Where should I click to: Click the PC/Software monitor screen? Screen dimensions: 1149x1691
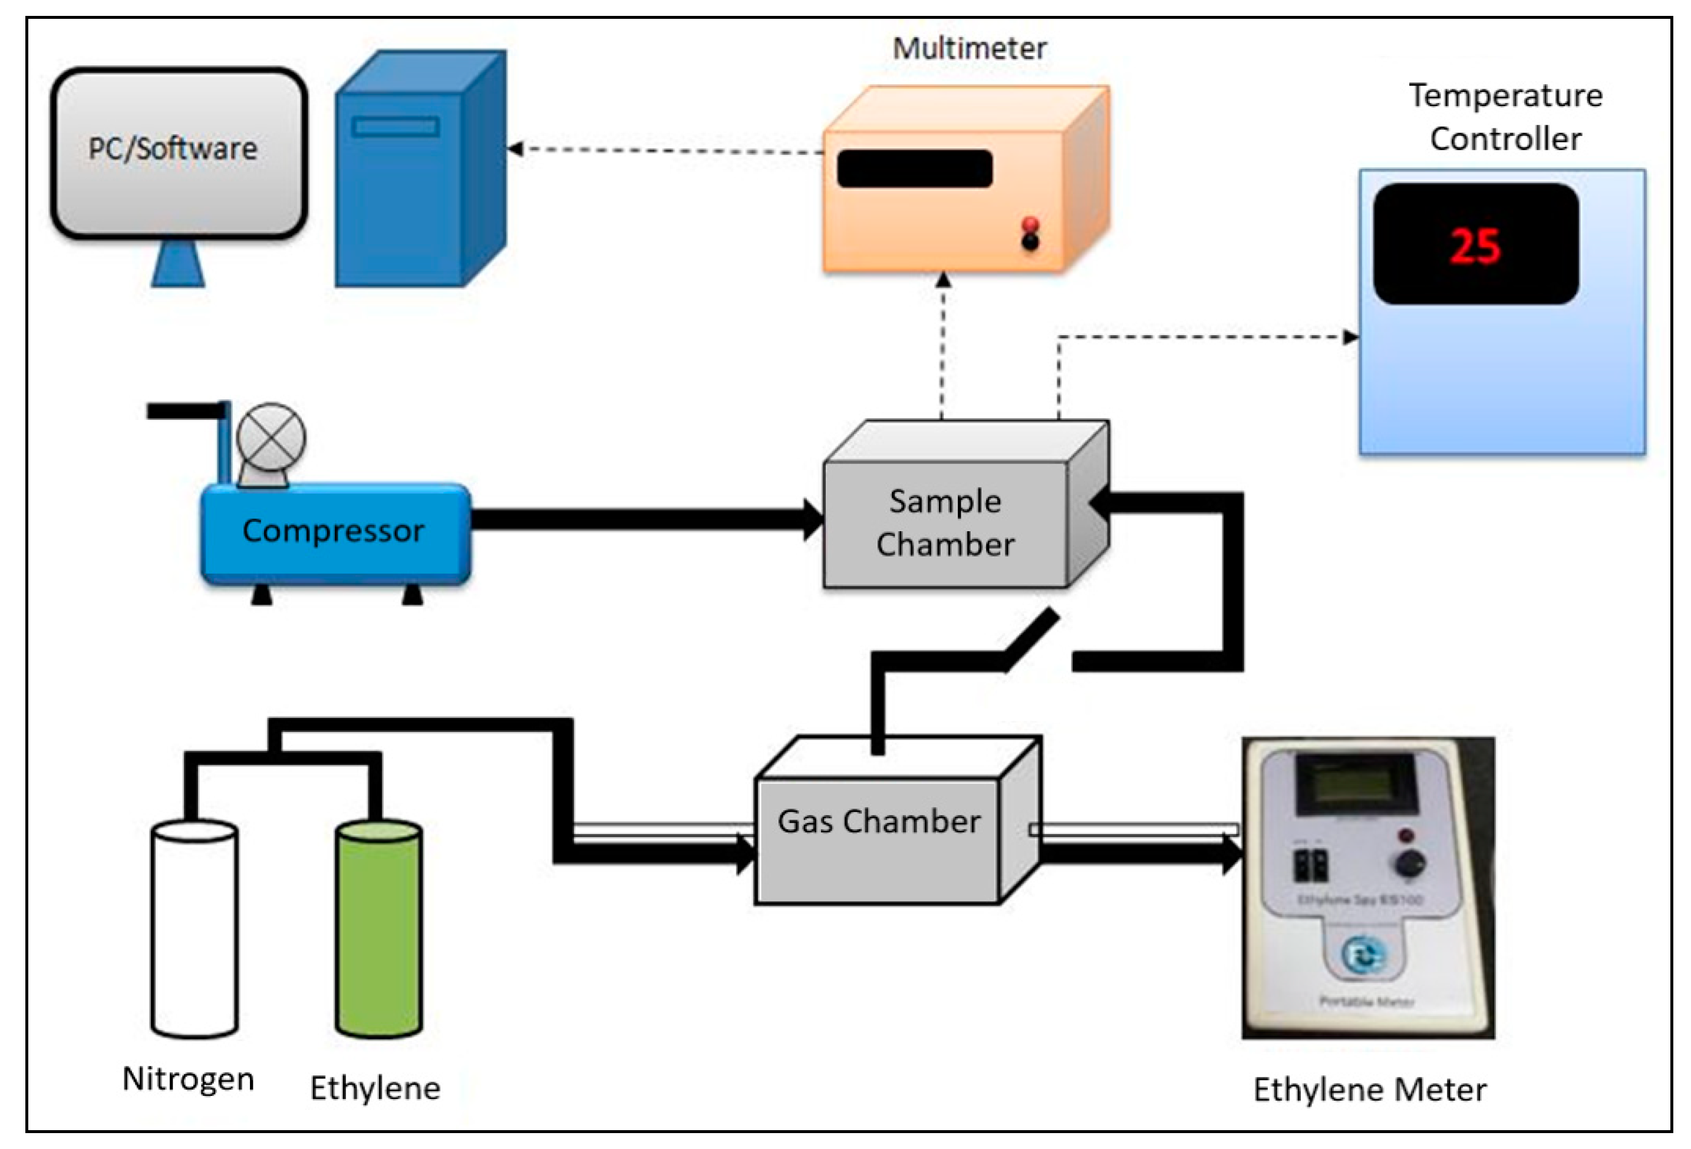tap(178, 153)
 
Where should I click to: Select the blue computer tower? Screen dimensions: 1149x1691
tap(407, 189)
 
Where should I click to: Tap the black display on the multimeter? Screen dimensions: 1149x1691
tap(914, 168)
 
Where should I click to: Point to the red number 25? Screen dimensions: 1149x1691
tap(1475, 245)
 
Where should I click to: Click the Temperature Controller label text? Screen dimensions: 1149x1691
tap(1505, 117)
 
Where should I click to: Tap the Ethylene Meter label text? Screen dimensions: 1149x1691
tap(1369, 1090)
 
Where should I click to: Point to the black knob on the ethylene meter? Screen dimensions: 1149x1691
tap(1410, 863)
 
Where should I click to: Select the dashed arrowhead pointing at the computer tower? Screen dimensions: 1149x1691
tap(515, 149)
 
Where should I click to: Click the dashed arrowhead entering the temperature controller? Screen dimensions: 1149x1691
tap(1350, 337)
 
